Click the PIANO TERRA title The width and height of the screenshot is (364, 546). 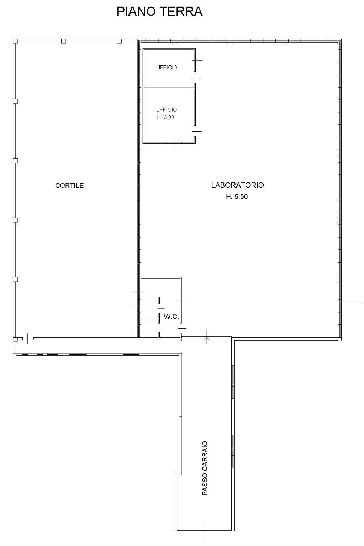click(x=160, y=11)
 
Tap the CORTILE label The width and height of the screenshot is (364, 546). click(x=69, y=185)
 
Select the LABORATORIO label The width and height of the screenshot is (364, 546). click(x=237, y=185)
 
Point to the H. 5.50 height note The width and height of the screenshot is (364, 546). click(x=237, y=197)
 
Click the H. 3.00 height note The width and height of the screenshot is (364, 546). click(x=165, y=117)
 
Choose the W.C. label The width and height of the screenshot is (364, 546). click(x=171, y=317)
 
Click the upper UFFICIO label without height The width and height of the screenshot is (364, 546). click(x=167, y=67)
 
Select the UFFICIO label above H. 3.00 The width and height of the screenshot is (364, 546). click(x=167, y=110)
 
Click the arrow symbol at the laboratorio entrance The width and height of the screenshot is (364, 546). click(x=206, y=338)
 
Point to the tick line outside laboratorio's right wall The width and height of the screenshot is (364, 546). click(x=352, y=302)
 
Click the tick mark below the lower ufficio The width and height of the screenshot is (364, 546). click(x=174, y=145)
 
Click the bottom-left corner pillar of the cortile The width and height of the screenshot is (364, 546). click(x=15, y=339)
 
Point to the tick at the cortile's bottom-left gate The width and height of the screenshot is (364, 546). click(x=27, y=339)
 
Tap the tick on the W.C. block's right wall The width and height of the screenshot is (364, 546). click(x=183, y=301)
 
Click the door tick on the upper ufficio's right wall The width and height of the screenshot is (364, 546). click(x=197, y=60)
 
